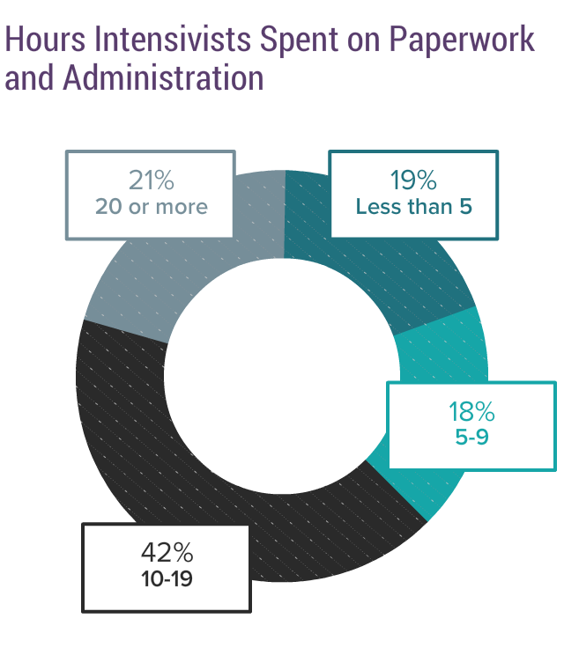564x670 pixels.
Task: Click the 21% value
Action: click(151, 180)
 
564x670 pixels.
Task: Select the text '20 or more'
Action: click(151, 208)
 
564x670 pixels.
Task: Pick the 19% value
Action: click(413, 180)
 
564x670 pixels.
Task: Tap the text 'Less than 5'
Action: click(413, 208)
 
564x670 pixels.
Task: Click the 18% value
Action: click(471, 411)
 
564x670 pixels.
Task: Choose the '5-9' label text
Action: click(471, 438)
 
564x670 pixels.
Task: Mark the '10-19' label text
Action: click(167, 580)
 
